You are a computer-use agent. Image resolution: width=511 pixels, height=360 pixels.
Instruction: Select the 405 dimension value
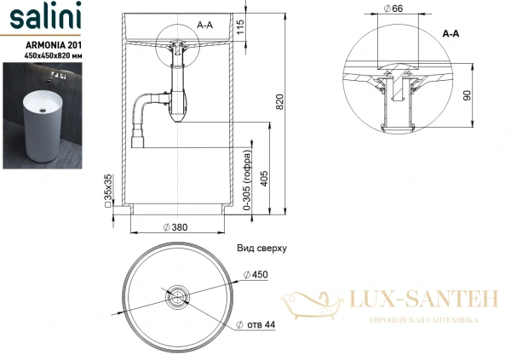pyautogui.click(x=270, y=177)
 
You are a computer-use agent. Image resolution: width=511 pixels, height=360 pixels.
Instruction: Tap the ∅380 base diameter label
pyautogui.click(x=175, y=227)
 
